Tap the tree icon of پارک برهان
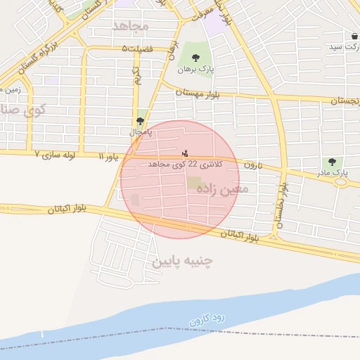[x=195, y=58]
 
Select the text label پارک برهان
[x=195, y=70]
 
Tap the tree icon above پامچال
[x=140, y=121]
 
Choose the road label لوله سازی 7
[x=55, y=153]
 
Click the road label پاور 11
[x=111, y=155]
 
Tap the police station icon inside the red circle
[x=185, y=153]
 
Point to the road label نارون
[x=252, y=165]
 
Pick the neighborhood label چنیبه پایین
[x=182, y=262]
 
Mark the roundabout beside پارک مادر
[x=342, y=181]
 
